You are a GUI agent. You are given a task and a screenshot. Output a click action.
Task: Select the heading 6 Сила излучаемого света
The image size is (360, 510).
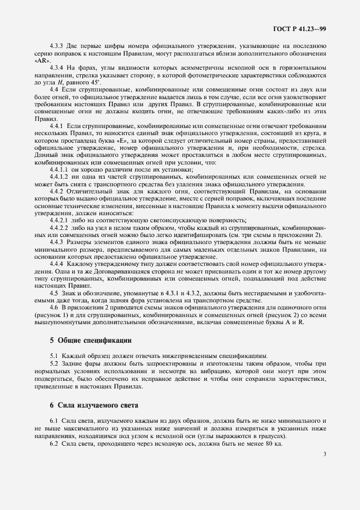click(x=94, y=405)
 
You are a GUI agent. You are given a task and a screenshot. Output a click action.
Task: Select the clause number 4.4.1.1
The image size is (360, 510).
click(x=60, y=169)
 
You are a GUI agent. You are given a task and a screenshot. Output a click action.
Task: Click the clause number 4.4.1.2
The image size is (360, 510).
click(x=60, y=177)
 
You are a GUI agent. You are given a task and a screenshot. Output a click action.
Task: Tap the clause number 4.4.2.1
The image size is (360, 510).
click(x=60, y=220)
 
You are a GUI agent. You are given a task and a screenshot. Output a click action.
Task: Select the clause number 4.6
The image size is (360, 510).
click(x=54, y=307)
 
